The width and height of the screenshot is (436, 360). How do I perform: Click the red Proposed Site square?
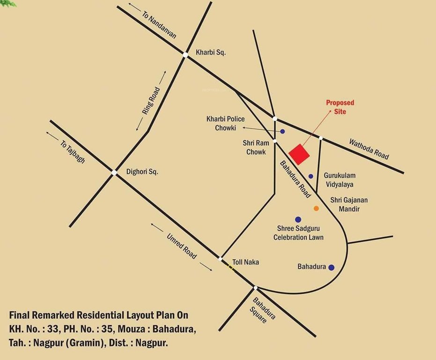(299, 154)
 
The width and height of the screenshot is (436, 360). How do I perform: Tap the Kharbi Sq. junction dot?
(185, 55)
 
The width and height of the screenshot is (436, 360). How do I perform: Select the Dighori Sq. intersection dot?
(114, 172)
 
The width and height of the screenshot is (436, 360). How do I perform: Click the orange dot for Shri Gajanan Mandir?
(316, 208)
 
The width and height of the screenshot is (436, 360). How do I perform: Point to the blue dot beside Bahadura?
(332, 268)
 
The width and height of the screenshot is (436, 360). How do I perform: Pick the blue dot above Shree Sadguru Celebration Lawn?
(298, 219)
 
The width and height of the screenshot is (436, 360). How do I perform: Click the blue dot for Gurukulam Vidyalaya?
(311, 176)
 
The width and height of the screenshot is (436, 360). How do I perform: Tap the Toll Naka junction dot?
(221, 259)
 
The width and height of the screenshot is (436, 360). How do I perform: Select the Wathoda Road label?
(369, 148)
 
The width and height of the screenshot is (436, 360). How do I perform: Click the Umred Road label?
(182, 246)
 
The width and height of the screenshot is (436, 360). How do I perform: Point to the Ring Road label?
(151, 101)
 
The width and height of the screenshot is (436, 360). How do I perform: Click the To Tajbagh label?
(73, 151)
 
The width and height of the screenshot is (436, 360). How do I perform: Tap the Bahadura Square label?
(263, 310)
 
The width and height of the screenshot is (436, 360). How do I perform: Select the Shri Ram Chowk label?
(254, 147)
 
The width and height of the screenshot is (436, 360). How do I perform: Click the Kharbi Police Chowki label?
(226, 123)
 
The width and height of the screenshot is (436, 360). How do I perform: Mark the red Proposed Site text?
(340, 107)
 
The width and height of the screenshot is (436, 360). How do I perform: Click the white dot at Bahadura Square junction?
(255, 287)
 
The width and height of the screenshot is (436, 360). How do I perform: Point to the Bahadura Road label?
(295, 179)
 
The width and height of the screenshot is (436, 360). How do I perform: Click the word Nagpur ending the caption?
(152, 343)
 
